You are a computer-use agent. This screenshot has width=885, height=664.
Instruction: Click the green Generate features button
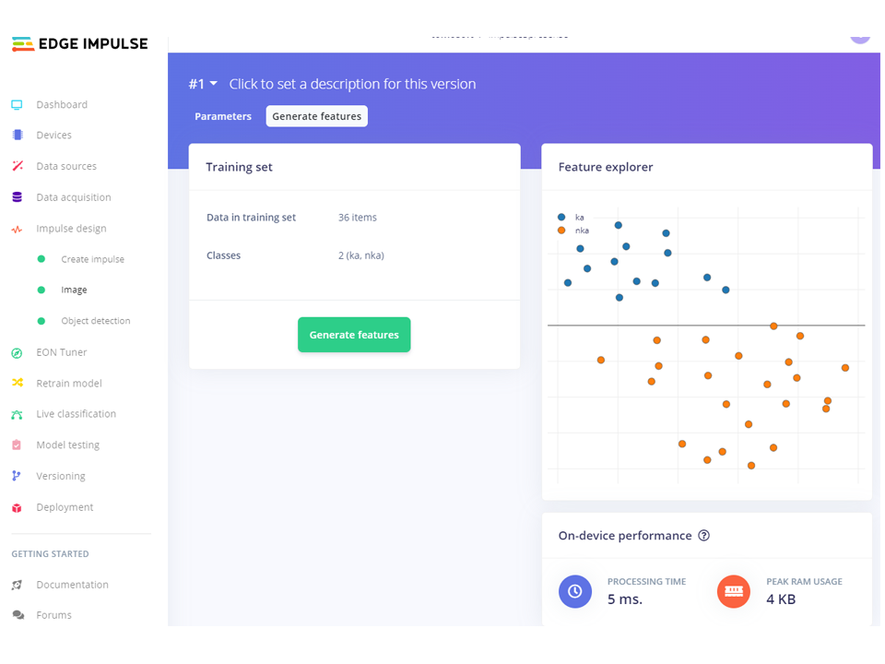[x=354, y=335]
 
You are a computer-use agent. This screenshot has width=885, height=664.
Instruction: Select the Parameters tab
[x=223, y=116]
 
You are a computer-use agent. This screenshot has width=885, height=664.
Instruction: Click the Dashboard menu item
[x=62, y=105]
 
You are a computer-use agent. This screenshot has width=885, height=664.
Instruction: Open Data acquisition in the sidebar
[x=73, y=197]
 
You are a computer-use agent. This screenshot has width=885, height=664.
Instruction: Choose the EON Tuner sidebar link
[x=61, y=352]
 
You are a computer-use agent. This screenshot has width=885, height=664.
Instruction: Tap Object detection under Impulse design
[x=95, y=321]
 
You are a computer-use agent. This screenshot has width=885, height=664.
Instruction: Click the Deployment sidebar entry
[x=65, y=507]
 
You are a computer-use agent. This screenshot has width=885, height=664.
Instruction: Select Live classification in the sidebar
[x=76, y=414]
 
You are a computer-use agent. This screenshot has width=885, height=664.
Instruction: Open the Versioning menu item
[x=60, y=476]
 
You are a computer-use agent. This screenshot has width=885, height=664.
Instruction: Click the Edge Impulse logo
[x=79, y=43]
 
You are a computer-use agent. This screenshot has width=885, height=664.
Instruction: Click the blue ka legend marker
[x=561, y=218]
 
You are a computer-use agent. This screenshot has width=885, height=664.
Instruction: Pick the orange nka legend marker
[x=561, y=230]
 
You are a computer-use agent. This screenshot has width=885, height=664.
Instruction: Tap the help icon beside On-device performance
[x=704, y=536]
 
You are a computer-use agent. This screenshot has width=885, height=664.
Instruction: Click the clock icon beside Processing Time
[x=575, y=591]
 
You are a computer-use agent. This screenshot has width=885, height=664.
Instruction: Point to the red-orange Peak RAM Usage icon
[x=734, y=591]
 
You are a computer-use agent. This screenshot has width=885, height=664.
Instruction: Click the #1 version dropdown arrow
[x=214, y=84]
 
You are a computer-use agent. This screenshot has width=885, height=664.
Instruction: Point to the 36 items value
[x=358, y=218]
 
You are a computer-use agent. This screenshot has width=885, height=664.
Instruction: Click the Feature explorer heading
[x=606, y=168]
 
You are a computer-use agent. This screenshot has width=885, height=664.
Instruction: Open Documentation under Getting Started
[x=72, y=585]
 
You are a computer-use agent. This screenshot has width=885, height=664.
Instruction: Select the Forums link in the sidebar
[x=53, y=615]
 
